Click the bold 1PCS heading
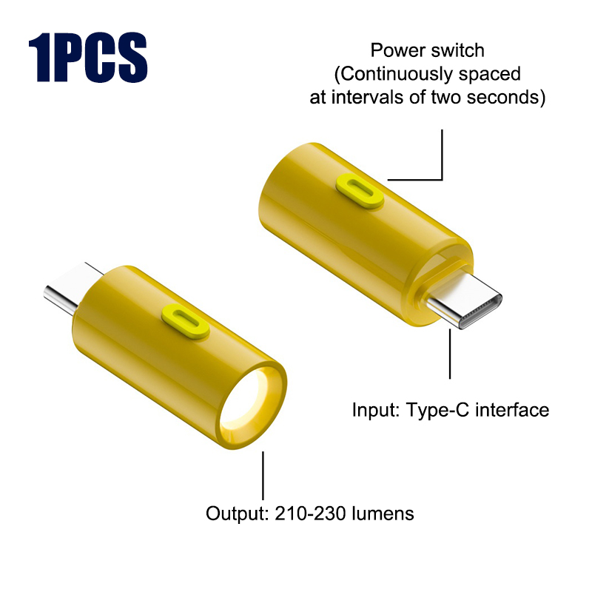coord(88,57)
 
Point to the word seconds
coord(504,97)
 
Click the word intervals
coord(367,97)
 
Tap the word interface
coord(512,410)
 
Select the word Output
coord(237,514)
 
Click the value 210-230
coord(310,514)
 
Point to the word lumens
coord(383,514)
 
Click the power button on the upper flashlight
coord(360,191)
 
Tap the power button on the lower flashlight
coord(186,321)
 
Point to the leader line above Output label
coord(263,475)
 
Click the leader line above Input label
coord(450,354)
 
